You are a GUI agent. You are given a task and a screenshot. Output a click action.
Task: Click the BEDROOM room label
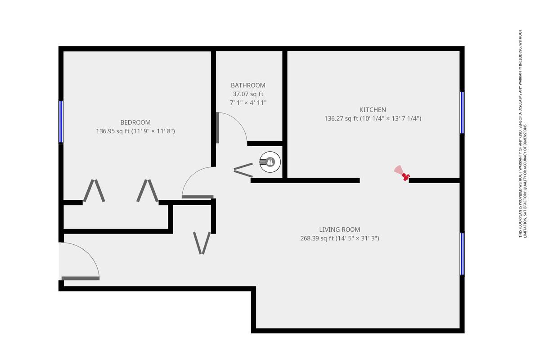pyautogui.click(x=135, y=122)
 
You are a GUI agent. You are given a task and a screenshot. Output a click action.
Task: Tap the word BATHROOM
pyautogui.click(x=248, y=85)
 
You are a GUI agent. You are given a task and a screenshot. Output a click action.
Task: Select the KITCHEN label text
pyautogui.click(x=373, y=110)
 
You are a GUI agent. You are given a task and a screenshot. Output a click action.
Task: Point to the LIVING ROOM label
pyautogui.click(x=340, y=229)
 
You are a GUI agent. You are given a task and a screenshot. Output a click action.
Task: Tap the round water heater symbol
pyautogui.click(x=270, y=162)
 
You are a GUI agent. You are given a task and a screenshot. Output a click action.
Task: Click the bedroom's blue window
pyautogui.click(x=61, y=122)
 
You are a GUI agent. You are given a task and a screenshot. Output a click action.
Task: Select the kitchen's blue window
pyautogui.click(x=462, y=112)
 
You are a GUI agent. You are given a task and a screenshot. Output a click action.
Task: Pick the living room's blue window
pyautogui.click(x=462, y=254)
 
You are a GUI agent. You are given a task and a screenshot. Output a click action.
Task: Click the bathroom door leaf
pyautogui.click(x=217, y=128)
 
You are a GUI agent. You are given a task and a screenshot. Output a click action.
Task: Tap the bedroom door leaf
pyautogui.click(x=198, y=197)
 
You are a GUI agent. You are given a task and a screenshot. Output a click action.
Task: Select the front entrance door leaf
pyautogui.click(x=81, y=279)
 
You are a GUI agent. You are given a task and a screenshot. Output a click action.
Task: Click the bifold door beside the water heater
pyautogui.click(x=243, y=170)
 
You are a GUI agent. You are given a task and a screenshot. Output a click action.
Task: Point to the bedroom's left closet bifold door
pyautogui.click(x=94, y=190)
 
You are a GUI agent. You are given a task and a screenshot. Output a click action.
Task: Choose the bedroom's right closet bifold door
pyautogui.click(x=148, y=190)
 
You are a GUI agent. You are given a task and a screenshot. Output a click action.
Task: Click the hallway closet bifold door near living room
pyautogui.click(x=202, y=243)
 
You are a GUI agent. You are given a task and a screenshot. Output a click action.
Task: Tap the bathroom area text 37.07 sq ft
pyautogui.click(x=248, y=94)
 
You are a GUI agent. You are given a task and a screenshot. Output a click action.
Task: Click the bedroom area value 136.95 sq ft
pyautogui.click(x=113, y=131)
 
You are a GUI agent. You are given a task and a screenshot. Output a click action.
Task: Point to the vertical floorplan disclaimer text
pyautogui.click(x=523, y=133)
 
